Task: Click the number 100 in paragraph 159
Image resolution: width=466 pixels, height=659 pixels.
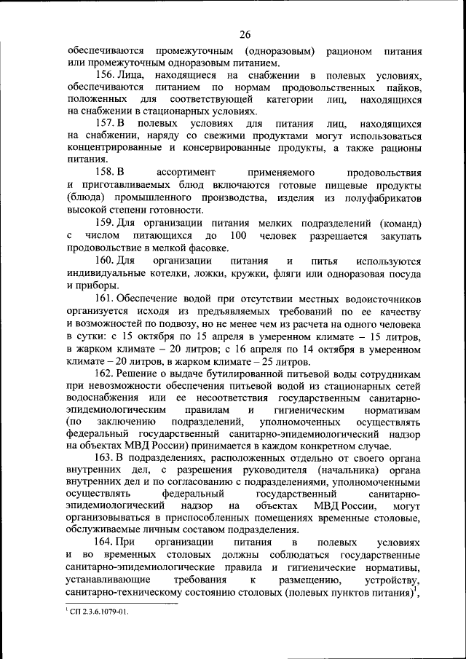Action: tap(237, 236)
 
